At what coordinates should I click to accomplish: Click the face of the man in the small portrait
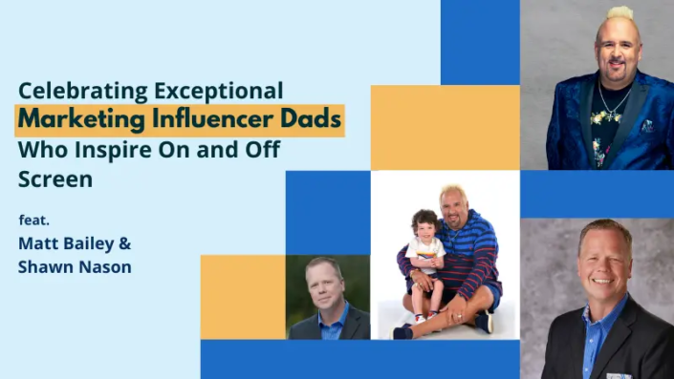(x=323, y=284)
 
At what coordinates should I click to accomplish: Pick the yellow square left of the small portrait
(x=243, y=296)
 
